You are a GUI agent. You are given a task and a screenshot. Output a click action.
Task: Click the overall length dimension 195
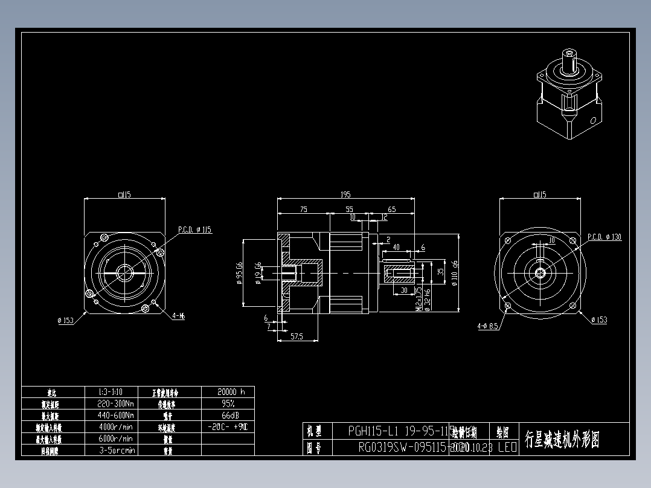tap(345, 194)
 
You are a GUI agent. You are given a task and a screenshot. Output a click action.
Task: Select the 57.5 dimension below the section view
tap(297, 336)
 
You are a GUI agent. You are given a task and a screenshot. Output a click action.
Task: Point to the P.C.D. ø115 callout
tap(195, 230)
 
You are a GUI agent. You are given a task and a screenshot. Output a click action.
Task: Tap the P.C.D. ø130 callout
tap(604, 237)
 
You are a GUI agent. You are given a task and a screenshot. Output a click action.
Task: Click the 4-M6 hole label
tap(178, 316)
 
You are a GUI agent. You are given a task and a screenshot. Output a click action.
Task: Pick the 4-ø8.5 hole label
tap(487, 326)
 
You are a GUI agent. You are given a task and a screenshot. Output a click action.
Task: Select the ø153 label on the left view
tap(65, 321)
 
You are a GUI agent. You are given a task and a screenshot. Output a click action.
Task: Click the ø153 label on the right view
tap(599, 320)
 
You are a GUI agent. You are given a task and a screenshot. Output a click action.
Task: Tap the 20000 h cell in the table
tap(227, 392)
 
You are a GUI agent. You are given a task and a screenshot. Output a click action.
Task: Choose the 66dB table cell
tap(227, 416)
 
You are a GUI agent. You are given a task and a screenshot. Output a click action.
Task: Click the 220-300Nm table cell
tap(115, 403)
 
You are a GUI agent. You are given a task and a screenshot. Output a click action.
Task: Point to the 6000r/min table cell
tap(115, 438)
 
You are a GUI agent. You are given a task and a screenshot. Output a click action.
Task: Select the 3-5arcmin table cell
tap(115, 450)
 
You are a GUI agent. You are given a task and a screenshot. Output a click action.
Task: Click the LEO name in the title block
tap(507, 448)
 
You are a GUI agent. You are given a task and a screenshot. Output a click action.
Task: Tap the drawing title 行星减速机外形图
tap(562, 439)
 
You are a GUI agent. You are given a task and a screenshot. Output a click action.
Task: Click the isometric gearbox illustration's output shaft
tap(569, 57)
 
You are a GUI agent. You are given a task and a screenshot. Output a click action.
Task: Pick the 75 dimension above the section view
tap(303, 210)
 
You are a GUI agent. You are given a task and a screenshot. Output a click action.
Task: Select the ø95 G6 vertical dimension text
tap(240, 272)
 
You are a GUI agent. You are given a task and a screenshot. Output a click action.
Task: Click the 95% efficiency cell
tap(227, 403)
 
